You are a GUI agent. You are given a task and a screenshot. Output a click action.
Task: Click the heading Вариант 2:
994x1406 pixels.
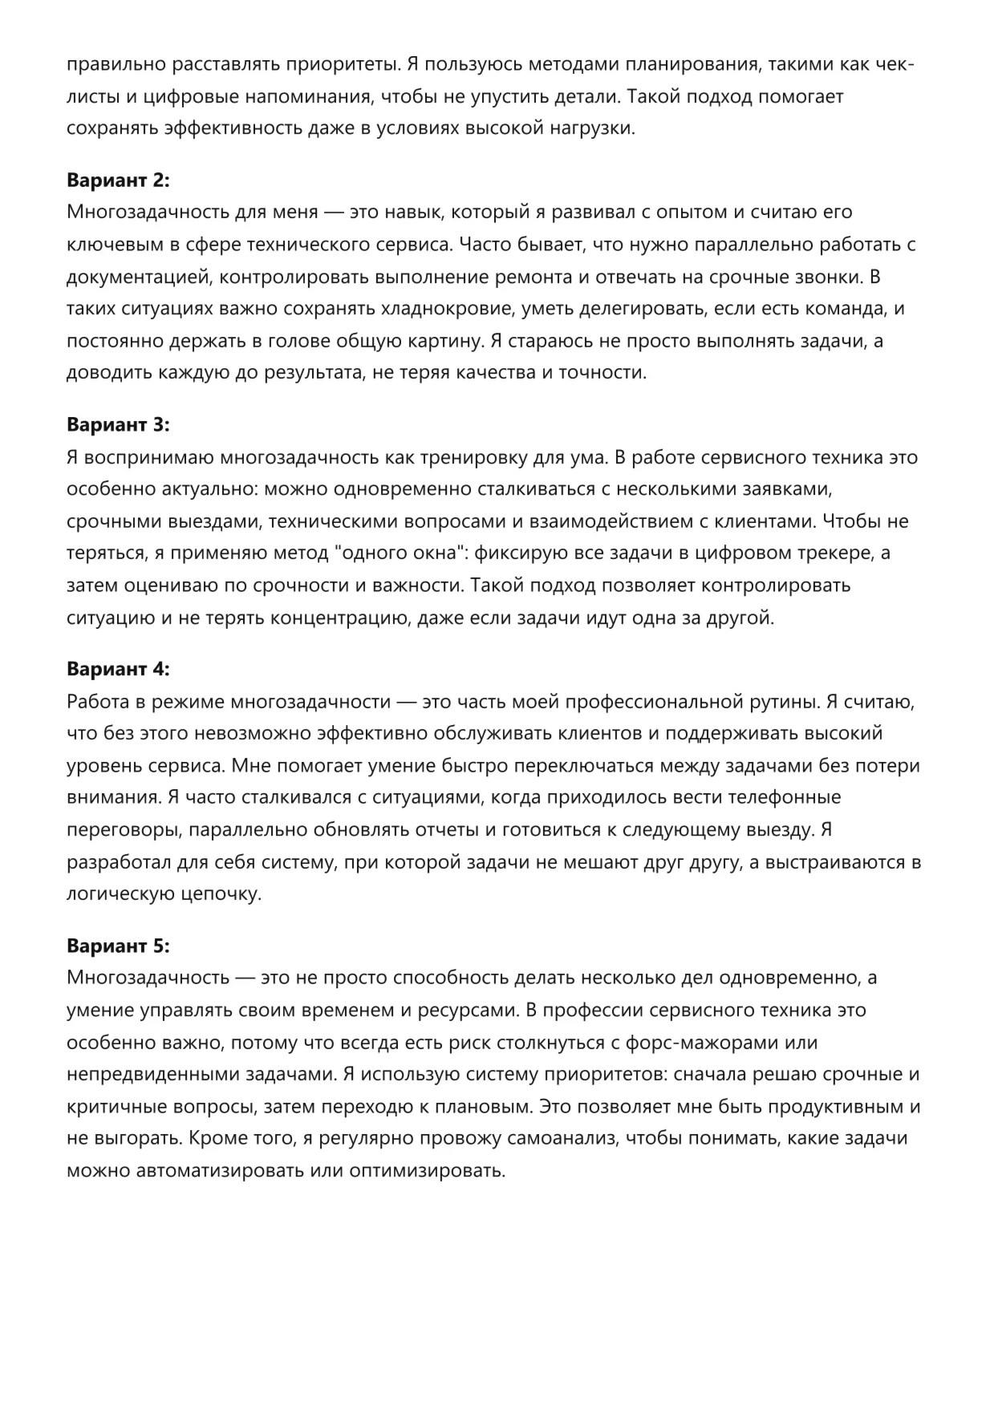point(118,180)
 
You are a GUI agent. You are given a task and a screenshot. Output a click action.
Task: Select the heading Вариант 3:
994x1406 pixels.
point(118,424)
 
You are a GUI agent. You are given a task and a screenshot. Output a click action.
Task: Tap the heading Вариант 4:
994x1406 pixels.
point(118,669)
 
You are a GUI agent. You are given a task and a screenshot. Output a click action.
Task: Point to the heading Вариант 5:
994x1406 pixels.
point(118,946)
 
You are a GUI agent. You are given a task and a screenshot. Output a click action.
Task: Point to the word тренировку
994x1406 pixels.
point(465,457)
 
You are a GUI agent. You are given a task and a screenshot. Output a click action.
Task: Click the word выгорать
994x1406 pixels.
point(134,1139)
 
